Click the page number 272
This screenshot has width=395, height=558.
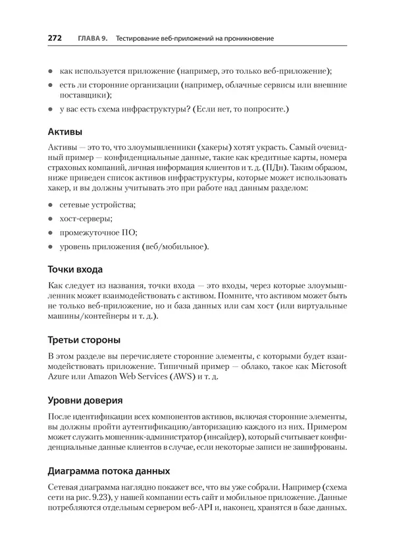[55, 39]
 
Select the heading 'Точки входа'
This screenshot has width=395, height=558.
[76, 269]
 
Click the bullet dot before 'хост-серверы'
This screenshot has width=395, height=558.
[52, 218]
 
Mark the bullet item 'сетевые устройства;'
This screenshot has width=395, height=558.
[97, 204]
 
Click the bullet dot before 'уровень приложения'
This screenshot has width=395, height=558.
[52, 247]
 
